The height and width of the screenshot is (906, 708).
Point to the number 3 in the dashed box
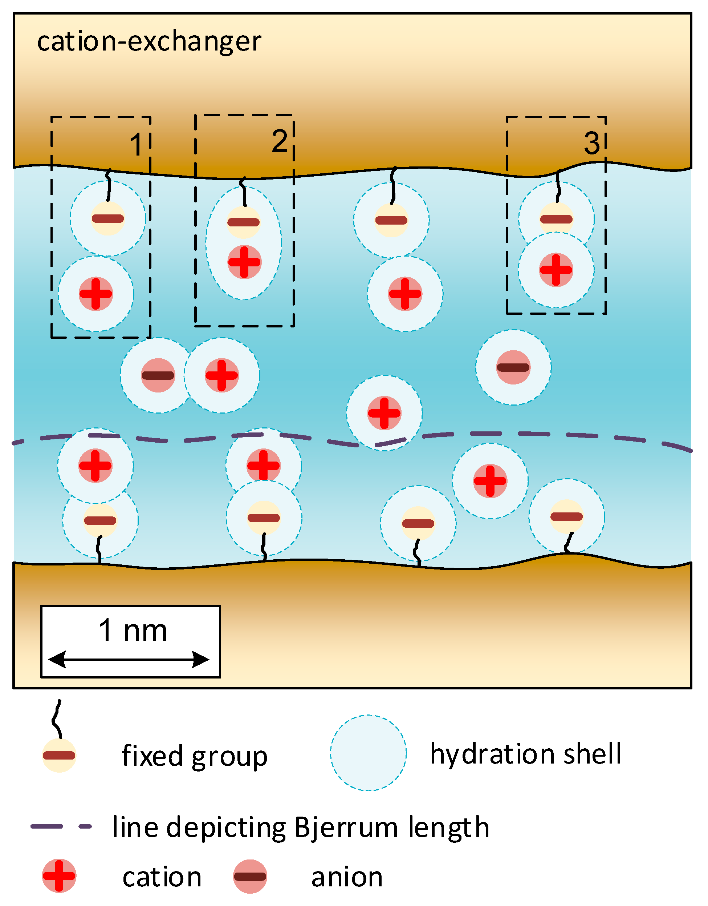(591, 144)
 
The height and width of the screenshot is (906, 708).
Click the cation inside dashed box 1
(96, 294)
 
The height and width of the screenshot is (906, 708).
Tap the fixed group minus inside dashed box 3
(556, 219)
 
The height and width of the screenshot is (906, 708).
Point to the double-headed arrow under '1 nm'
(129, 659)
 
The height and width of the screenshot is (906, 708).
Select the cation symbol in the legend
(59, 876)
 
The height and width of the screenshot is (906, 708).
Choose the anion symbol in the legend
(250, 876)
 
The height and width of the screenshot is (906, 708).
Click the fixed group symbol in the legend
(59, 755)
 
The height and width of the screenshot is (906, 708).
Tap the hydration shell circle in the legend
(368, 753)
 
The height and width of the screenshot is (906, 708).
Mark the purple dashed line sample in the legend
(61, 826)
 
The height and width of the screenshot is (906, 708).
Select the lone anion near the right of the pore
(513, 367)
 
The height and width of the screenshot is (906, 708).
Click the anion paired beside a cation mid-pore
(158, 375)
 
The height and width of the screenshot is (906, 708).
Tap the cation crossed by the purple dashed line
(384, 413)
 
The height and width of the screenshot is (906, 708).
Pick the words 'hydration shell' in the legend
(526, 753)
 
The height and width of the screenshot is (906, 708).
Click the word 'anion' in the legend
(347, 877)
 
